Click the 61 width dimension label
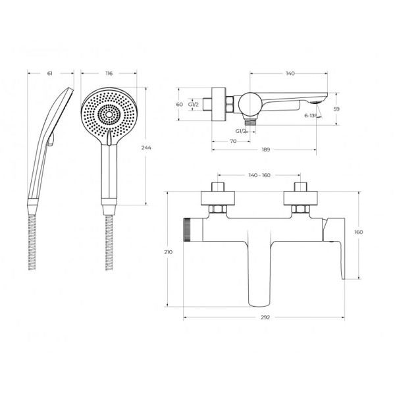pos(50,73)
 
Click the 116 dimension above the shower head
pos(109,73)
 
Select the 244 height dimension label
pos(146,147)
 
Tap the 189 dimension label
pos(266,149)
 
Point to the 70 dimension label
pos(233,141)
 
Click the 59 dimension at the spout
pos(336,109)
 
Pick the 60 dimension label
pos(179,104)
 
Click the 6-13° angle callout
pos(310,116)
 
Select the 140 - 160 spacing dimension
pos(259,175)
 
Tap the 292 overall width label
pos(265,317)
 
